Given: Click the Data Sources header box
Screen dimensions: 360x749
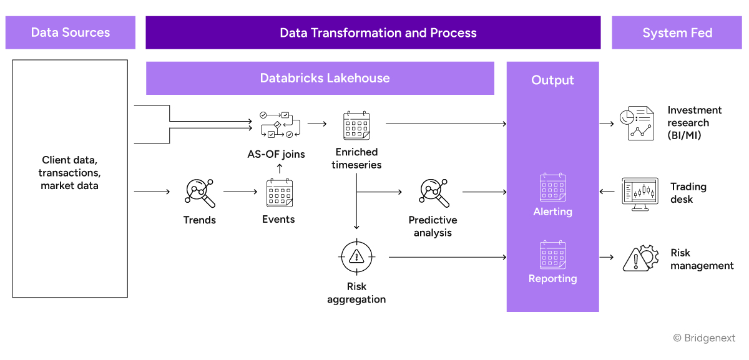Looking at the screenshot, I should (x=71, y=32).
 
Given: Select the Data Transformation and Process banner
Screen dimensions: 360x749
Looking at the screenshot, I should (x=373, y=32).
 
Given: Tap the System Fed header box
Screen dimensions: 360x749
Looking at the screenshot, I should (x=677, y=32).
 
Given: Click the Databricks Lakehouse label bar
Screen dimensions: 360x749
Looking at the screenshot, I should (x=320, y=78).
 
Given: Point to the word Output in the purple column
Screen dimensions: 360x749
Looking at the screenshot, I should (x=552, y=80).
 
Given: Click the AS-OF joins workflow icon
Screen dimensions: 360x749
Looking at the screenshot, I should (x=279, y=124).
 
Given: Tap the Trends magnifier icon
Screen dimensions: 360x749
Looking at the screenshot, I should (x=200, y=193).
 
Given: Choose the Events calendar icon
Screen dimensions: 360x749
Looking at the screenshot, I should (x=279, y=193).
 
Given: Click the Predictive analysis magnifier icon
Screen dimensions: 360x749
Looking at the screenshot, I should (x=434, y=193).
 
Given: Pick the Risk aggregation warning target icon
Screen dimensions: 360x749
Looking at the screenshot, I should (x=356, y=256).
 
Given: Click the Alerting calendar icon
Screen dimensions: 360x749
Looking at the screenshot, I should (x=552, y=187).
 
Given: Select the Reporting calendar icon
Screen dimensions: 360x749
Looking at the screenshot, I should (x=552, y=255).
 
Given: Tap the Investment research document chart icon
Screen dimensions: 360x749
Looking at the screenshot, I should (x=636, y=124).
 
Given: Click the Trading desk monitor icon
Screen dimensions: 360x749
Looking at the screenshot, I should (x=640, y=193).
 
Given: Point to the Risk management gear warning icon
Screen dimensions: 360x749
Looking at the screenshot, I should (x=640, y=258).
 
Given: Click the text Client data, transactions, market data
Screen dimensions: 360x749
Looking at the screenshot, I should (x=69, y=173).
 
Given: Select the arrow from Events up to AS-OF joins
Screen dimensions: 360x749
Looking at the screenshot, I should (x=280, y=168).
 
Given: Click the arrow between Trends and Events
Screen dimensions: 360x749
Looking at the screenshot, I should (x=240, y=192).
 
